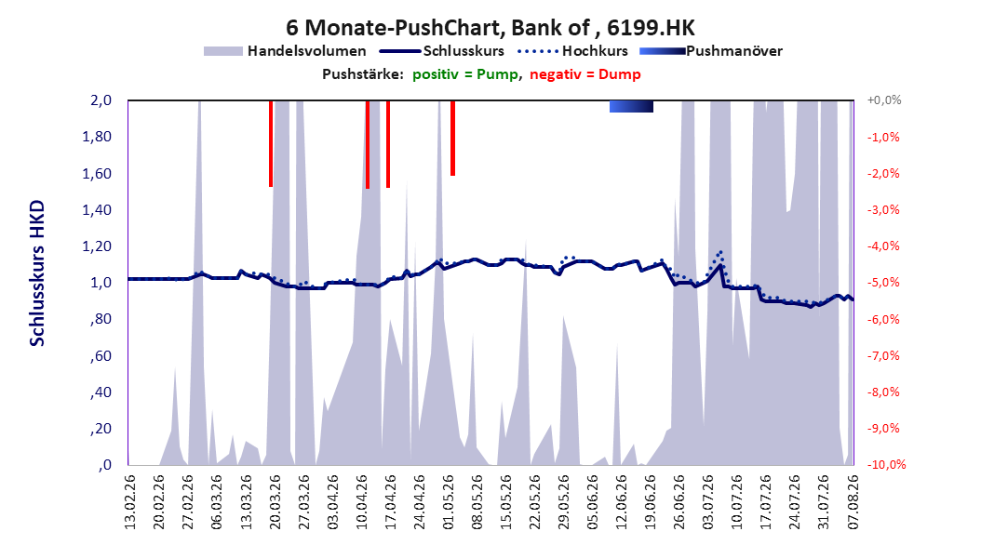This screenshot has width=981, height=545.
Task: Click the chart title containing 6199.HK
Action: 490,28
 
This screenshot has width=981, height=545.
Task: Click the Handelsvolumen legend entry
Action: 285,51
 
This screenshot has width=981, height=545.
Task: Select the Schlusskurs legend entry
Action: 442,51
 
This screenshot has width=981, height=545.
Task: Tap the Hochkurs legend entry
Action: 572,51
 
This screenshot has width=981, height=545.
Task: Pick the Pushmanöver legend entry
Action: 711,51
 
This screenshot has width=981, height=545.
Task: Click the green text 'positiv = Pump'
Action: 464,74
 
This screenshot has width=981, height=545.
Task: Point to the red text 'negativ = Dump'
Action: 585,74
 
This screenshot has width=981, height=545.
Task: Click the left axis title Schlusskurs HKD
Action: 37,273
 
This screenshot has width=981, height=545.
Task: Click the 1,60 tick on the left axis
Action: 97,173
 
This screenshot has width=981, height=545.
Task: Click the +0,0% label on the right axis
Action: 884,100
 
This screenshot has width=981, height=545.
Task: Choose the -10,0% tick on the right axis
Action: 886,464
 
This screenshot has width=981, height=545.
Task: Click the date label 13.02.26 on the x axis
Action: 130,502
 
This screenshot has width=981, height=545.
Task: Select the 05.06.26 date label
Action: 593,502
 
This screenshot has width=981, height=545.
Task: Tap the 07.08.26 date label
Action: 853,502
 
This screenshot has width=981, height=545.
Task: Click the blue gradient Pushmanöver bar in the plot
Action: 631,106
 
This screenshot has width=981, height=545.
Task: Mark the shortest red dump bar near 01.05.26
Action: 452,139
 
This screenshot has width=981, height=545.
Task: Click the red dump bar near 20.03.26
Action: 271,144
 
